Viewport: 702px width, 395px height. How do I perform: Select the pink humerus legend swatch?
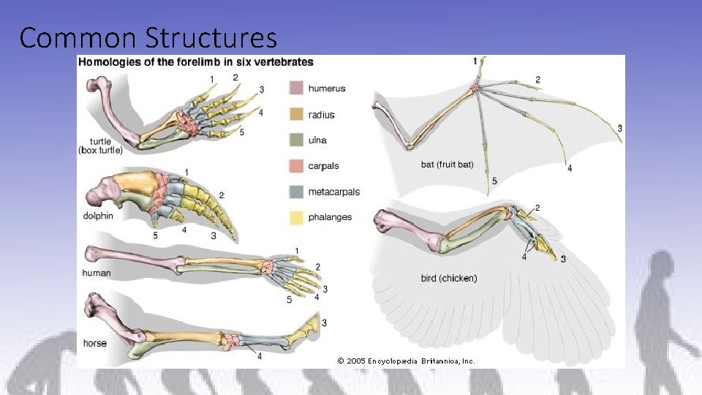coord(296,89)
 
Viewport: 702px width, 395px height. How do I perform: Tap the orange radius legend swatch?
coord(296,115)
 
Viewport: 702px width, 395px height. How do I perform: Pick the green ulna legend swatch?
coord(296,140)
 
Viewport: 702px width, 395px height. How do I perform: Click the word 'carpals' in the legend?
coord(323,166)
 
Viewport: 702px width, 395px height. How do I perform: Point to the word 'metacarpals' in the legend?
coord(333,192)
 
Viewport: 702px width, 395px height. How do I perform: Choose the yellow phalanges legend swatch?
coord(296,217)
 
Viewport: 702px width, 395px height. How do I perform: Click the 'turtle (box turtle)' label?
coord(100,146)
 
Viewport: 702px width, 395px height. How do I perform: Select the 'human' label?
coord(97,273)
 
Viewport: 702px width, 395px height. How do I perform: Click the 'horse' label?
coord(95,343)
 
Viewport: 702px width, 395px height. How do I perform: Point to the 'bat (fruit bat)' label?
coord(448,165)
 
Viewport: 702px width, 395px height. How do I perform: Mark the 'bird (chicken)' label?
coord(449,278)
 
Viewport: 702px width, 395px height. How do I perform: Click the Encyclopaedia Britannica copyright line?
coord(406,361)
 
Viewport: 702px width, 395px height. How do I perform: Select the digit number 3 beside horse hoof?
coord(324,323)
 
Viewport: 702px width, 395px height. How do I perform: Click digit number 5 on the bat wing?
coord(494,181)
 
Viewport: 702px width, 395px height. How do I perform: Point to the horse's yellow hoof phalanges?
coord(307,331)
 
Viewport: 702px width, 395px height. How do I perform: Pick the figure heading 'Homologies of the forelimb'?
coord(196,62)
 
